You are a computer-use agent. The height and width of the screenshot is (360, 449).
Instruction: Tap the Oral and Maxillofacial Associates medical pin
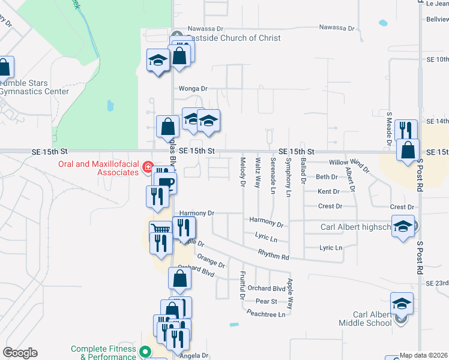click(x=146, y=169)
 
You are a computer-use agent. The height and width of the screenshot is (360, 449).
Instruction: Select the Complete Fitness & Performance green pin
click(x=144, y=351)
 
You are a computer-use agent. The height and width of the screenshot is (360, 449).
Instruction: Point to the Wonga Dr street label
click(x=193, y=88)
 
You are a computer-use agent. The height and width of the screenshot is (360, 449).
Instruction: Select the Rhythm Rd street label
click(x=274, y=256)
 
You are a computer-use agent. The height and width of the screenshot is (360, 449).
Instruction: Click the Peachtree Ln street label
click(x=266, y=313)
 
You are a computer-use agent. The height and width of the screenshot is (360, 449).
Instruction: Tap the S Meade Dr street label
click(x=389, y=127)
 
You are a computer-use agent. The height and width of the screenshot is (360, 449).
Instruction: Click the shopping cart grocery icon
click(x=160, y=229)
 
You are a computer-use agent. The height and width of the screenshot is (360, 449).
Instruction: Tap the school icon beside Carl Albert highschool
click(x=403, y=226)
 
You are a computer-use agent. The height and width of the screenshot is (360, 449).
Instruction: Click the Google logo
click(x=20, y=353)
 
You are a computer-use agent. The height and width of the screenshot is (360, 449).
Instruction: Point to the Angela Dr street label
click(x=194, y=356)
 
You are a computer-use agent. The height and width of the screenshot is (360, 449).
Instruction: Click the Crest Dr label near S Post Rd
click(x=402, y=207)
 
